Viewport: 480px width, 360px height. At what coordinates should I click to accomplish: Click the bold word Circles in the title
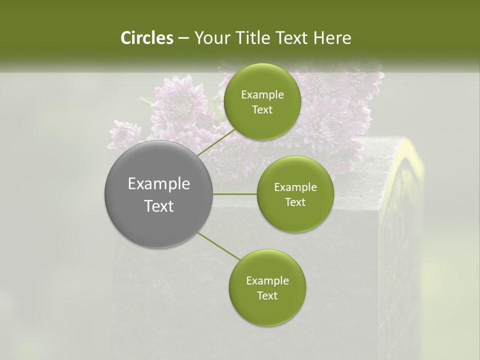(146, 38)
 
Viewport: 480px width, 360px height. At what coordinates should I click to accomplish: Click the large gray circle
(158, 194)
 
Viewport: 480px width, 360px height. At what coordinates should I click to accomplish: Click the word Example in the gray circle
(159, 184)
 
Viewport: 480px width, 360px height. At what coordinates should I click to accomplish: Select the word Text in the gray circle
(159, 206)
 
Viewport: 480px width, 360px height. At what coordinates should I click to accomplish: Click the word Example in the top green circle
(262, 95)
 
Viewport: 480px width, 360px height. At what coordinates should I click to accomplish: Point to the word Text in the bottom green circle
(267, 295)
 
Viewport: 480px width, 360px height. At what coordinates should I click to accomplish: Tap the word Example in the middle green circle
(295, 187)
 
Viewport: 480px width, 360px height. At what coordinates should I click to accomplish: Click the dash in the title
(183, 38)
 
